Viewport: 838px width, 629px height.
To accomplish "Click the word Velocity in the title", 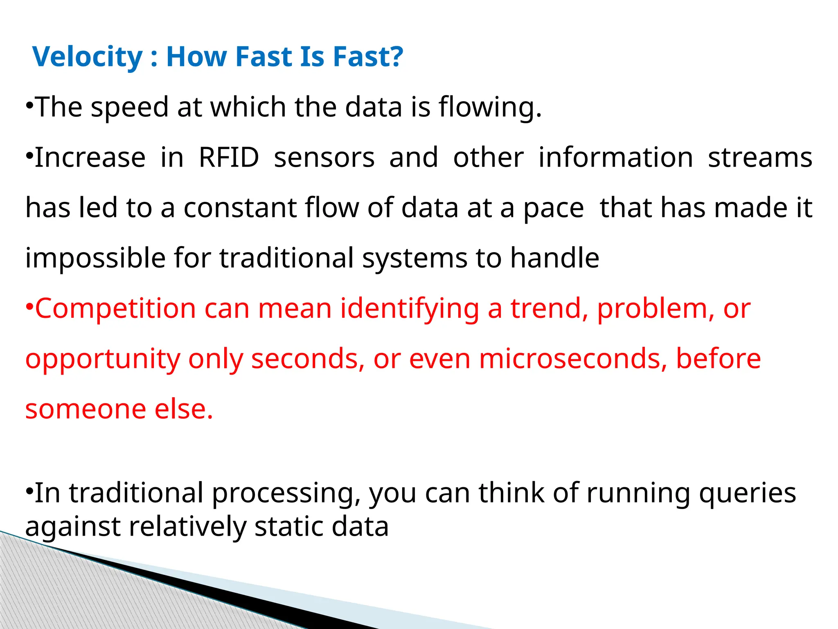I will pos(87,57).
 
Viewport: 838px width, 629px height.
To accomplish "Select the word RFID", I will pos(229,158).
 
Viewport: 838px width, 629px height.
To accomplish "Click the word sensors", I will pos(324,158).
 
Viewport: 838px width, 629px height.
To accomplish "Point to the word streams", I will pos(760,158).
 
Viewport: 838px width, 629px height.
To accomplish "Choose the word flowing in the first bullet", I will pos(490,107).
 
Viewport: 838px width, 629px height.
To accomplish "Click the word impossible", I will pos(95,258).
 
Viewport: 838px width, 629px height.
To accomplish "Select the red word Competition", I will pos(115,308).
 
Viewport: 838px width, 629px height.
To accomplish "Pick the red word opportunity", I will pos(103,359).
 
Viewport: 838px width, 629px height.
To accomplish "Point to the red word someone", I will pos(86,409).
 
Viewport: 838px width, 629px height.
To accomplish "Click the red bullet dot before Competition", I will pos(29,306).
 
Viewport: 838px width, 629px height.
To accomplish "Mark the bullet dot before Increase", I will pos(29,156).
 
